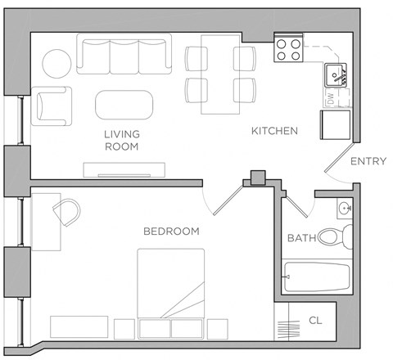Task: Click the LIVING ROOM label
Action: click(121, 140)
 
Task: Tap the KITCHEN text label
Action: click(273, 131)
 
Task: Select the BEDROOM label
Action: click(171, 232)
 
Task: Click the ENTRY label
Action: click(368, 161)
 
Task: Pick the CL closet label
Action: click(316, 320)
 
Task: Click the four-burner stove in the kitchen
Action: click(287, 51)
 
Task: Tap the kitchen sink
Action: click(335, 76)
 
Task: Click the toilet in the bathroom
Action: click(334, 238)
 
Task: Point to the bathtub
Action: click(317, 278)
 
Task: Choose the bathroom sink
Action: click(346, 208)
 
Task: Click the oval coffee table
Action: click(124, 105)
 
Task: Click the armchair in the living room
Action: click(52, 106)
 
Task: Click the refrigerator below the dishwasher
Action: click(336, 124)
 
